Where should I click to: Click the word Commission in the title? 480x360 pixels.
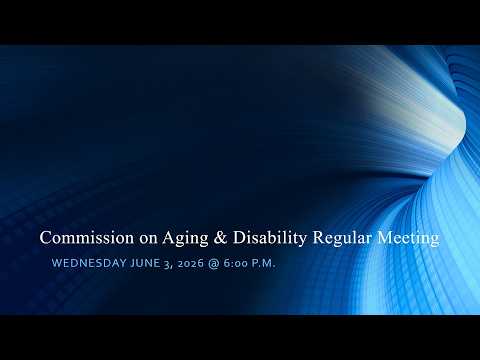[87, 238]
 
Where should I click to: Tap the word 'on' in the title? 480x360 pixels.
[148, 239]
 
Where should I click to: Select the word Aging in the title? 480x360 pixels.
[185, 239]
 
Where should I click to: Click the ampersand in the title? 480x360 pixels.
[220, 238]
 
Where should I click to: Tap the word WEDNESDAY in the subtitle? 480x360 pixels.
[89, 263]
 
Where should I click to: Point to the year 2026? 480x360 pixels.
[190, 263]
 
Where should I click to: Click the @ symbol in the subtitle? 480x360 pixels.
[213, 263]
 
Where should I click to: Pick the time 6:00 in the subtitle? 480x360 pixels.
[236, 263]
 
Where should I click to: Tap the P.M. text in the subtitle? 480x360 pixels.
[264, 263]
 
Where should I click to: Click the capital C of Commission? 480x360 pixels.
[45, 238]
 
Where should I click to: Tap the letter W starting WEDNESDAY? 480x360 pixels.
[57, 263]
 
